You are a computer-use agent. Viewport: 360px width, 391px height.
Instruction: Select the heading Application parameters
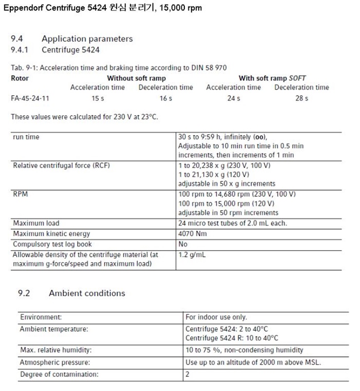pos(87,38)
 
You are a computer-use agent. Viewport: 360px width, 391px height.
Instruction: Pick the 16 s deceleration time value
pos(166,98)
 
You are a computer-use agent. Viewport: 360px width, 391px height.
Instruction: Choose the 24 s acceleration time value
pos(234,98)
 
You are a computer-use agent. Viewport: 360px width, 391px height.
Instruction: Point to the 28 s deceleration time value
pos(302,98)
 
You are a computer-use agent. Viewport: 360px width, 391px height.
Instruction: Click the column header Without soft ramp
pos(136,78)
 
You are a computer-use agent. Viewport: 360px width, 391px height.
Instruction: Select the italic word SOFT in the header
pos(298,78)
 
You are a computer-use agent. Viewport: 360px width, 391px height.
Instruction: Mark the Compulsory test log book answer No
pos(183,244)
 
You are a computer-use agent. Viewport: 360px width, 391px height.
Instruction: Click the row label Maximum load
pos(36,223)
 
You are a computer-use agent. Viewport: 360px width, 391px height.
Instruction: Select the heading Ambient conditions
pos(87,293)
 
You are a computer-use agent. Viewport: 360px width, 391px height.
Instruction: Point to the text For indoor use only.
pos(216,317)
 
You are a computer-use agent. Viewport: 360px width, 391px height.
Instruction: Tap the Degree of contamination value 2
pos(188,374)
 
